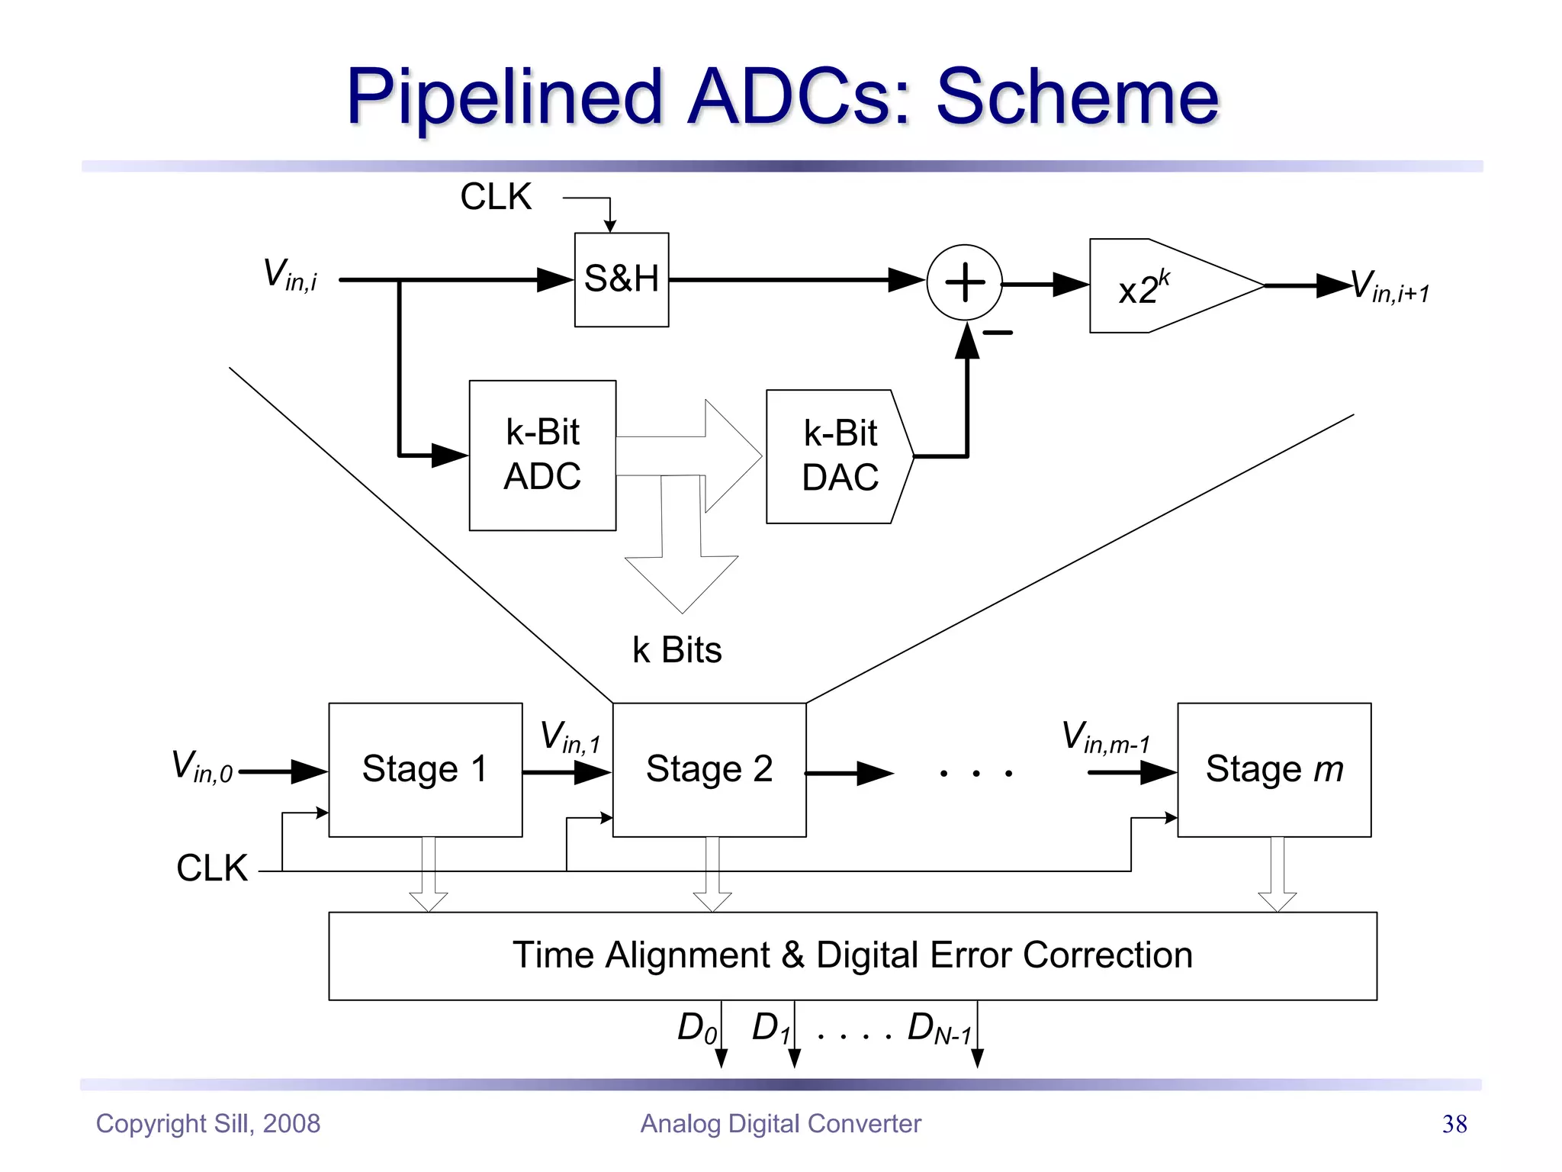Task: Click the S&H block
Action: [621, 279]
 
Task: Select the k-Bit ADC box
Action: [542, 455]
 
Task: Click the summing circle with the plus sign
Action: [964, 282]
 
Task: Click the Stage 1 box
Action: [425, 769]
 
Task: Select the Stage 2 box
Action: [709, 769]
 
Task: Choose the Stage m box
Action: [1274, 769]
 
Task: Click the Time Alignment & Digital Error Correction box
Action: [852, 955]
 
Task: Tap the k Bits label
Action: [677, 650]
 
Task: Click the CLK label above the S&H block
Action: [496, 197]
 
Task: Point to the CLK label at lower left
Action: [212, 868]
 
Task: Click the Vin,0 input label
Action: [201, 766]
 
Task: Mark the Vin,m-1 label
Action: [1105, 737]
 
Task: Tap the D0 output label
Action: [696, 1028]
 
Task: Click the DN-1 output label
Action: [939, 1028]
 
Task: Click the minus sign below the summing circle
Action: [998, 333]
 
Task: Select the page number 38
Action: [1454, 1124]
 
